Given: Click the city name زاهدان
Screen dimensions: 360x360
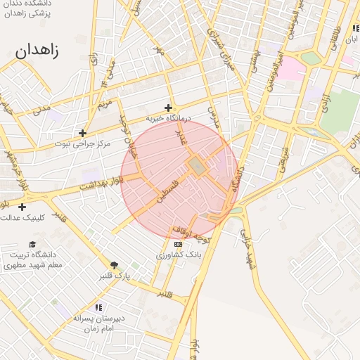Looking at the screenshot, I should point(37,51).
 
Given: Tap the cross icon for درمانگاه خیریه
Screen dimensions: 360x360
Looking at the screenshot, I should point(168,108).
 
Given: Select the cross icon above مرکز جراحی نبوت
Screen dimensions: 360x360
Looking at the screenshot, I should point(83,132).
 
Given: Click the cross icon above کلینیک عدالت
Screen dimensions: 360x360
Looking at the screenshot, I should point(22,207).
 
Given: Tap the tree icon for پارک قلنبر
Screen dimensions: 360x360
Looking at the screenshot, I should point(114,265).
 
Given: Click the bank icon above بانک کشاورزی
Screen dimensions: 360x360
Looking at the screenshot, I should point(177,244).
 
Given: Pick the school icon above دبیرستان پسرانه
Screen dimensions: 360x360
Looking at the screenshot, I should point(98,307).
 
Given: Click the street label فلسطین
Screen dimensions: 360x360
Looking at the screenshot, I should point(169,191).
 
